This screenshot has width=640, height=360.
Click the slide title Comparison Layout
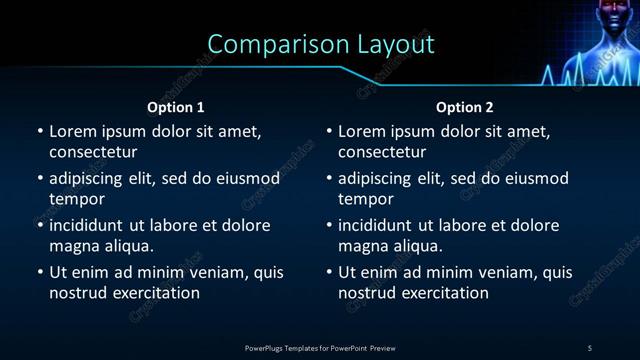tap(321, 45)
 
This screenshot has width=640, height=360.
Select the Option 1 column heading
tap(176, 107)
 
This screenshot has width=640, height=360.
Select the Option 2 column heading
tap(465, 107)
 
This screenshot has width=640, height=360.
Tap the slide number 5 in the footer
tap(590, 348)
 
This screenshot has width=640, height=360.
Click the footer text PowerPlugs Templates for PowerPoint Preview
tap(320, 348)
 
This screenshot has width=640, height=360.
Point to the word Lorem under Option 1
tap(72, 131)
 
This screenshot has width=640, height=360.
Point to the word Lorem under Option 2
tap(362, 131)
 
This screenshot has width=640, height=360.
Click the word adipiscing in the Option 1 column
tap(90, 178)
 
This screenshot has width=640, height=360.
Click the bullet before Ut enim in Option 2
tap(329, 272)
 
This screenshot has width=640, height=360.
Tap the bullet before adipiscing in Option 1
tap(39, 178)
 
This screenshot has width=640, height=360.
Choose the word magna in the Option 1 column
tap(73, 245)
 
